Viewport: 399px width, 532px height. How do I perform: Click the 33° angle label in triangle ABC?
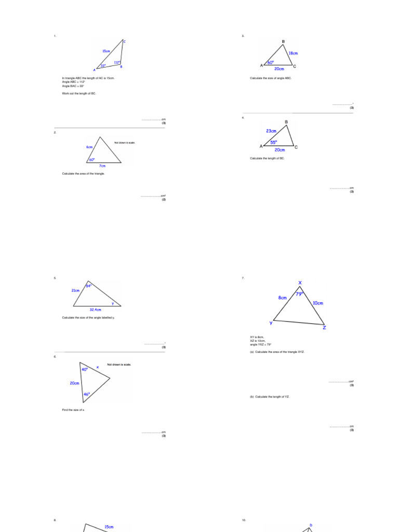(103, 66)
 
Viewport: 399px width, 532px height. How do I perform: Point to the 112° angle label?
(117, 62)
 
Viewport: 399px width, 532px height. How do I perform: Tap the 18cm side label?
(293, 53)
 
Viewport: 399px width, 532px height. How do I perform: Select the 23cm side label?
(271, 131)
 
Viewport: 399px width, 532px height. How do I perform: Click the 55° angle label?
(273, 142)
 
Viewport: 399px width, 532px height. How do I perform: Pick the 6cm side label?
(89, 147)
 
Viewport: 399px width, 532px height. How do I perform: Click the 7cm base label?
(103, 166)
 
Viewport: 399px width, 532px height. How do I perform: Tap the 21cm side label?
(76, 290)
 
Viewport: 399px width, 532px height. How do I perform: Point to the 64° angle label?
(89, 286)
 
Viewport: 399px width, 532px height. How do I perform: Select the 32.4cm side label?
(95, 310)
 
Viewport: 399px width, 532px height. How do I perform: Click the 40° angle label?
(84, 369)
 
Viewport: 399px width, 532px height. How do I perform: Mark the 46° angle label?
(87, 394)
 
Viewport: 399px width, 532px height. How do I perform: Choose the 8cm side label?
(283, 298)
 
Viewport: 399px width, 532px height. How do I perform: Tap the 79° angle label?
(299, 294)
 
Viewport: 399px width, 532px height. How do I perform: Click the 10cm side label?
(318, 303)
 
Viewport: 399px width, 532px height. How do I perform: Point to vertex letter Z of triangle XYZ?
(324, 327)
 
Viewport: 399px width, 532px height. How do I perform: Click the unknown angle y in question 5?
(112, 303)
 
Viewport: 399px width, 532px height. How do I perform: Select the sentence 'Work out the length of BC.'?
(79, 94)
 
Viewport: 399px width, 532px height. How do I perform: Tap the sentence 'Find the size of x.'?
(73, 410)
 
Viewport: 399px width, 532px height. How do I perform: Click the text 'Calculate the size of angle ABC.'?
(271, 78)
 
